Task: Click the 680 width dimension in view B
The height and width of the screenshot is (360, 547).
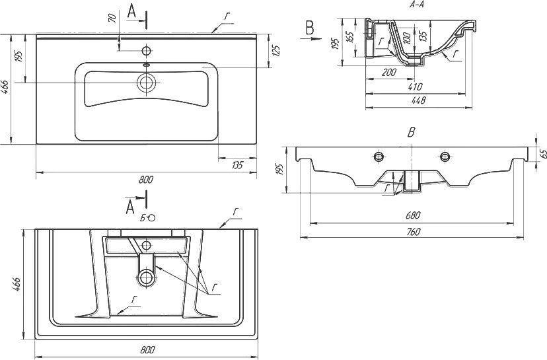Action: coord(413,215)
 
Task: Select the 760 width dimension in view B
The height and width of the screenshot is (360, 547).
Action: coord(413,232)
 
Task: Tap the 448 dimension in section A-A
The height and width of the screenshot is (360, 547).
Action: coord(418,100)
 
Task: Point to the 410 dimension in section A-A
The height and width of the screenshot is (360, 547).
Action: coord(415,87)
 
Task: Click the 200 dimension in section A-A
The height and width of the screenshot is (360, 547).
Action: coord(389,73)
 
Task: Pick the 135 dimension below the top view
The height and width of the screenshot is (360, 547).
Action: coord(237,164)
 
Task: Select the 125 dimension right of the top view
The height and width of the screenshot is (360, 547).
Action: coord(276,51)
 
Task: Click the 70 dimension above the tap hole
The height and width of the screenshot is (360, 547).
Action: coord(112,17)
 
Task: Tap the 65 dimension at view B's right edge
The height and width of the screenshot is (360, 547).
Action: coord(542,154)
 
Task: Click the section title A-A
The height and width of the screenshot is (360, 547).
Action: coord(417,5)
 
